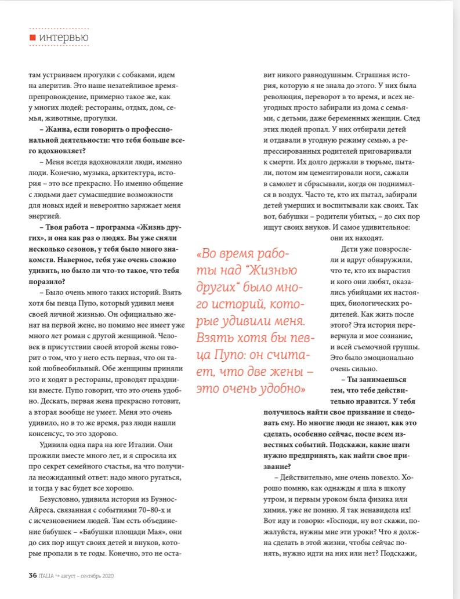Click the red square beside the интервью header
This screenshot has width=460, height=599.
(x=33, y=38)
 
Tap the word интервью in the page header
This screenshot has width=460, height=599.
(x=64, y=38)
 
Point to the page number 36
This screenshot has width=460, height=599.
(x=33, y=575)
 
